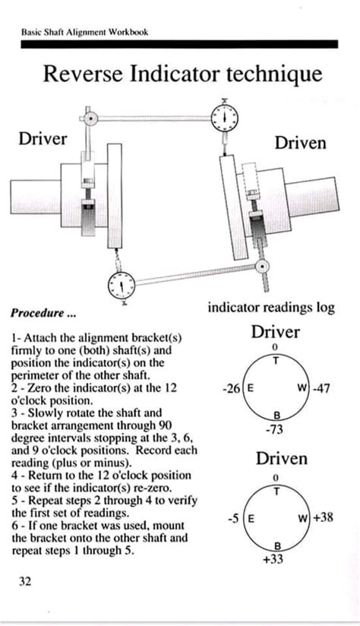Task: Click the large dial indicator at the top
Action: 225,119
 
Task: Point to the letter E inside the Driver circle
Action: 251,387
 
